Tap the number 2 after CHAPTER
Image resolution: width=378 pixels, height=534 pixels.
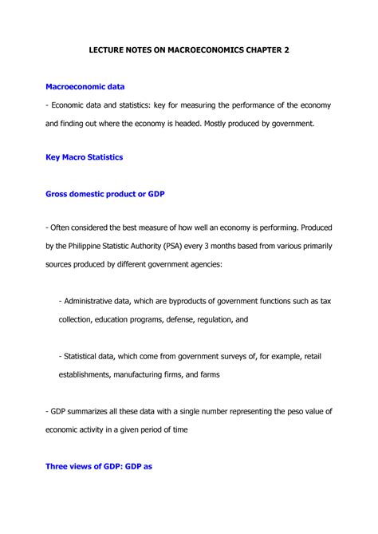286,50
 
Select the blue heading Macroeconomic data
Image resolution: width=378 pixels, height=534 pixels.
85,85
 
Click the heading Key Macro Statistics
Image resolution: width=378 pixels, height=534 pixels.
84,157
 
